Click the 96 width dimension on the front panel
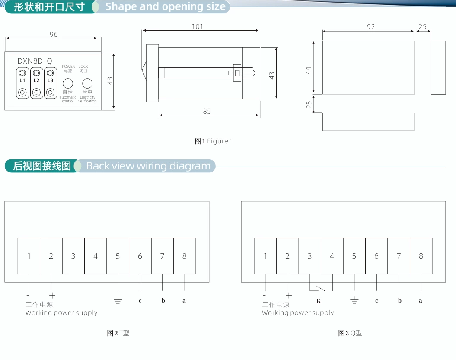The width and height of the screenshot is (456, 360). click(x=53, y=35)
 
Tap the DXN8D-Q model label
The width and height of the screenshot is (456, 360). click(x=35, y=61)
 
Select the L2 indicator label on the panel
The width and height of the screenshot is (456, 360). click(x=37, y=81)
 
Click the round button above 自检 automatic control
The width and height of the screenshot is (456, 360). click(x=68, y=83)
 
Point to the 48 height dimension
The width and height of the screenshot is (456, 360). click(x=110, y=80)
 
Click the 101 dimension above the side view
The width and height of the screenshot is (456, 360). click(x=198, y=27)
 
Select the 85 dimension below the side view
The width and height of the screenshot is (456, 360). click(x=207, y=112)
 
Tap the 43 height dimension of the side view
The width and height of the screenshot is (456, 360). click(x=271, y=75)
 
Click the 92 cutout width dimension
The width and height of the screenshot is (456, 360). click(x=371, y=27)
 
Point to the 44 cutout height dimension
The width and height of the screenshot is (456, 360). click(x=309, y=70)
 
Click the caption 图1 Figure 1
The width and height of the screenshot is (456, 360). click(x=214, y=141)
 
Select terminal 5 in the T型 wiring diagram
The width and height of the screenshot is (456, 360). click(x=118, y=256)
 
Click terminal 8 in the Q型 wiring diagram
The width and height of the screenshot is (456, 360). click(x=421, y=256)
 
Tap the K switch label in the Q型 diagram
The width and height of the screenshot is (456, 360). click(x=319, y=301)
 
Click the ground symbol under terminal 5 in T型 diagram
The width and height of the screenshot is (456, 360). click(x=118, y=301)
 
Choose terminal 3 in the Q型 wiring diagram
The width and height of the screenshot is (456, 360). click(x=309, y=256)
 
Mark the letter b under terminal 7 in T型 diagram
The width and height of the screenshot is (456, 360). click(x=163, y=301)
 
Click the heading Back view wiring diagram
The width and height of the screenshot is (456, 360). click(x=148, y=166)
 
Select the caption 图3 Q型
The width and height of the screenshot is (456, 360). click(x=350, y=333)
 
